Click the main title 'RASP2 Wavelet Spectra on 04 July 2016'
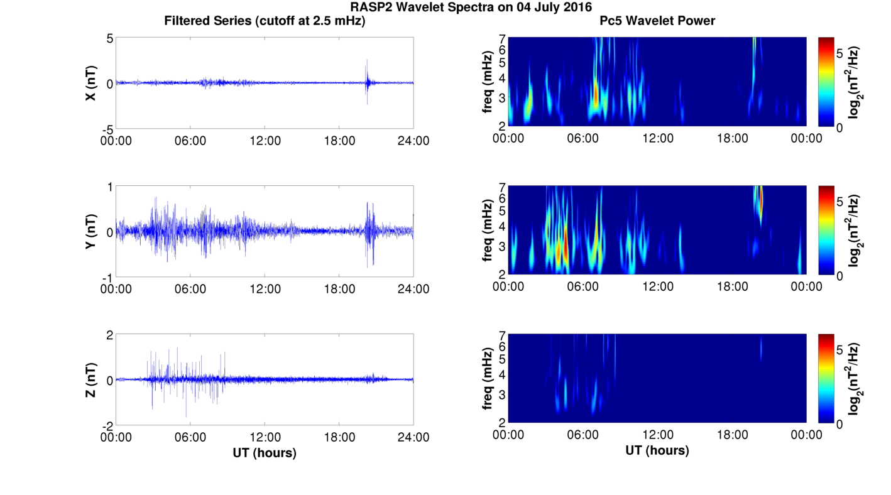coord(471,8)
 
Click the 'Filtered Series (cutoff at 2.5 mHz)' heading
coord(265,21)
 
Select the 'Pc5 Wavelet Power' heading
coord(657,21)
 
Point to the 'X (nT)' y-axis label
coord(91,84)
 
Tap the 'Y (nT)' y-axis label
coord(91,232)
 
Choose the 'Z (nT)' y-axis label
coord(91,380)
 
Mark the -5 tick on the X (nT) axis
coord(106,129)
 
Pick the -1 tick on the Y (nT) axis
coord(106,277)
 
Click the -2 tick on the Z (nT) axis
coord(106,425)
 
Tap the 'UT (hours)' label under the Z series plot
coord(265,452)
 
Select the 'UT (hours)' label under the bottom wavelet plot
coord(657,450)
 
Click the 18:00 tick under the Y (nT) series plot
coord(339,289)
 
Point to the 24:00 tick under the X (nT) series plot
coord(413,141)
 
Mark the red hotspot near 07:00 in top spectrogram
coord(596,94)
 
